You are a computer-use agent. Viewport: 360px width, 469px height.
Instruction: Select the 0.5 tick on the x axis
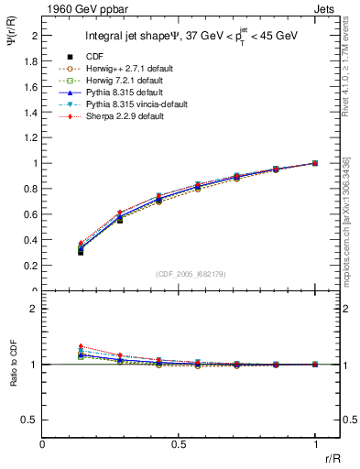click(179, 442)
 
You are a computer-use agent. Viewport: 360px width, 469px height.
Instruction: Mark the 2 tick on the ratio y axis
click(36, 309)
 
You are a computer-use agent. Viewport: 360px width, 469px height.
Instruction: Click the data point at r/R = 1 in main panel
click(315, 163)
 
